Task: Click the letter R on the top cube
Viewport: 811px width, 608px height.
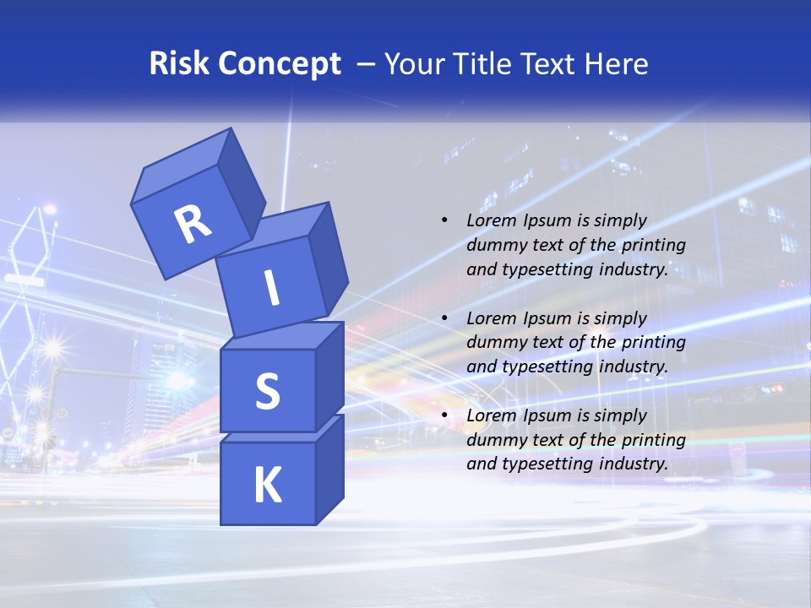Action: pyautogui.click(x=193, y=224)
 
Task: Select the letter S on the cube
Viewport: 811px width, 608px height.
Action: pyautogui.click(x=267, y=391)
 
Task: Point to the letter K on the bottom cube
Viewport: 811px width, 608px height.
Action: pyautogui.click(x=267, y=486)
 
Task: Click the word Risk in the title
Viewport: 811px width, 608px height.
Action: pyautogui.click(x=179, y=63)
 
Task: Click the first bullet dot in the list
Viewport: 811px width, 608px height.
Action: pyautogui.click(x=444, y=221)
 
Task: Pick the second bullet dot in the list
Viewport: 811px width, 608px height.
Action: pyautogui.click(x=444, y=318)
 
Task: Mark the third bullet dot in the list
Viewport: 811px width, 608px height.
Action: pyautogui.click(x=444, y=415)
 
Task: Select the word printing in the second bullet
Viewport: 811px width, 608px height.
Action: pyautogui.click(x=653, y=342)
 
